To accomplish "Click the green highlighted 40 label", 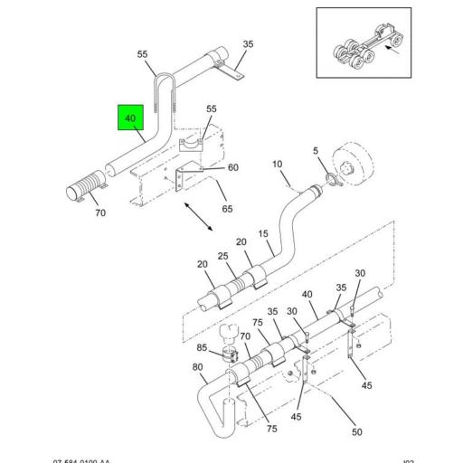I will tap(130, 118).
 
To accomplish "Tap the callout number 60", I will tap(232, 167).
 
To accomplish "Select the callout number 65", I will tap(227, 209).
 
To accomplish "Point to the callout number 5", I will tap(316, 150).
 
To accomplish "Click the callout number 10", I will tap(278, 165).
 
